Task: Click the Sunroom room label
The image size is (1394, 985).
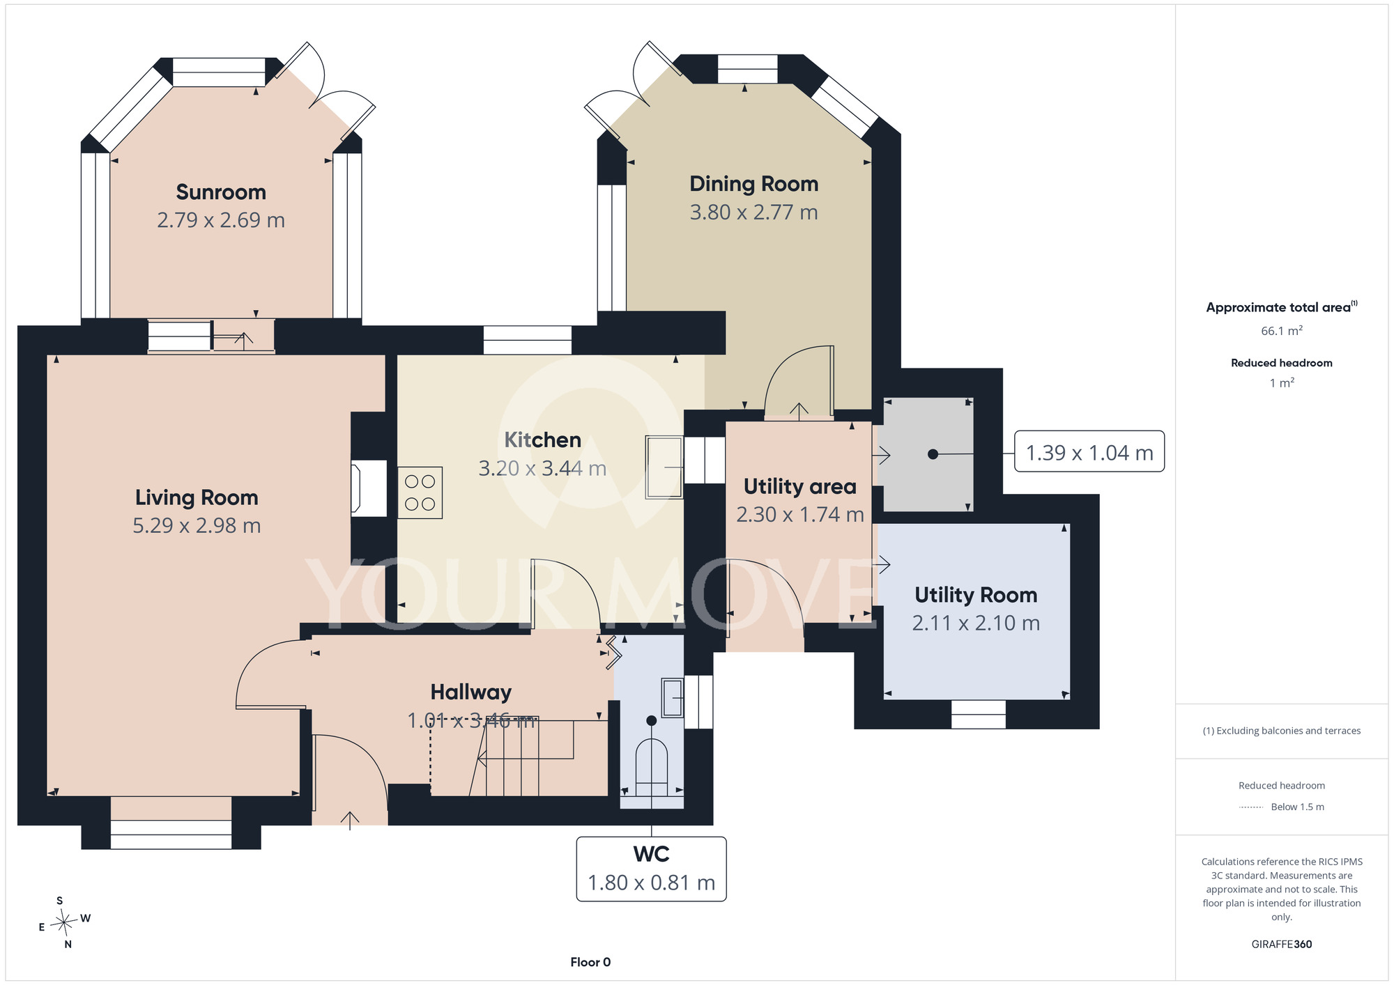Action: [221, 192]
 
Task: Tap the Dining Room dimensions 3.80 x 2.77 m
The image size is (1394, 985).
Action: [753, 212]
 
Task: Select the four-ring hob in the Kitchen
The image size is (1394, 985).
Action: [420, 492]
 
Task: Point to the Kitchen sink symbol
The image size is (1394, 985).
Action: [664, 467]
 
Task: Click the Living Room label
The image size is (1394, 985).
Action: [197, 497]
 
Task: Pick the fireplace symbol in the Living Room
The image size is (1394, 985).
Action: [369, 488]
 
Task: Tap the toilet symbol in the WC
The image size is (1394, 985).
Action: [651, 766]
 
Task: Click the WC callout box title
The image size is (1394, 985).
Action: [651, 854]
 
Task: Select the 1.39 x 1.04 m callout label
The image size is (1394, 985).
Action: [1089, 453]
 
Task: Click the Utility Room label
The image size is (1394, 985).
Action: [976, 595]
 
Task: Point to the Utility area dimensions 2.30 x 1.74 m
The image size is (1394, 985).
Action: [800, 515]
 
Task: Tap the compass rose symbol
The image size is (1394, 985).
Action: [64, 923]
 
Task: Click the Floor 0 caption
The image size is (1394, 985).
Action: [590, 962]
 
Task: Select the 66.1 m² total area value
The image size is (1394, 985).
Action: [1282, 331]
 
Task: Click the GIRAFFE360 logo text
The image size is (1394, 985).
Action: [1282, 945]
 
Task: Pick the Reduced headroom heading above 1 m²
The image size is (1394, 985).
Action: [1282, 363]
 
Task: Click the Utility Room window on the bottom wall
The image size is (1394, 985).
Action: [979, 715]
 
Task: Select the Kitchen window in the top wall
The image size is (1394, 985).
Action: [528, 340]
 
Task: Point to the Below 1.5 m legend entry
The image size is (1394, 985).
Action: [1297, 807]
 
